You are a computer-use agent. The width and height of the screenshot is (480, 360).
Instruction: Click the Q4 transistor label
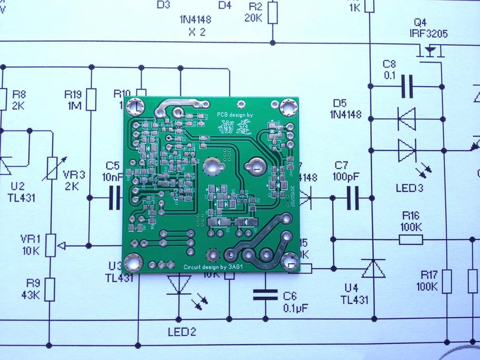[420, 23]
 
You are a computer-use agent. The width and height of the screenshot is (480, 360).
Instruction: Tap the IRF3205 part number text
[429, 34]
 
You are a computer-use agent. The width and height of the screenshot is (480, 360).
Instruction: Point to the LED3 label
[410, 188]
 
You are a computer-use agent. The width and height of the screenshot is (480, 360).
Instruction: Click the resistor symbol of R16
[411, 239]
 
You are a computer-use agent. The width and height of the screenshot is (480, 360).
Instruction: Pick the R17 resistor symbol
[447, 282]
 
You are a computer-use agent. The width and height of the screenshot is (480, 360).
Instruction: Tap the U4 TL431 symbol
[373, 269]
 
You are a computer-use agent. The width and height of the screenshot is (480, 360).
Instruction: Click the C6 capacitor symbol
[265, 295]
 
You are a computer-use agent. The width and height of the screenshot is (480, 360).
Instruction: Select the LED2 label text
[182, 332]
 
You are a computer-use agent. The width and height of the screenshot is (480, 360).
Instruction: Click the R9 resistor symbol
[50, 289]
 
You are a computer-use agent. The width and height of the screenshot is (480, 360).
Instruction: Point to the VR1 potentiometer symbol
[50, 245]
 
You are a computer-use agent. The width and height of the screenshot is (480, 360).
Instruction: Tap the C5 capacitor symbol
[115, 198]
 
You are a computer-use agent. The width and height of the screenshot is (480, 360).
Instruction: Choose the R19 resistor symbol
[92, 99]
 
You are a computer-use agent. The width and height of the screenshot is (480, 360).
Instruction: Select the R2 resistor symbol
[273, 12]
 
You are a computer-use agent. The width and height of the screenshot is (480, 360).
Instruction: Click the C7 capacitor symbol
[352, 198]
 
